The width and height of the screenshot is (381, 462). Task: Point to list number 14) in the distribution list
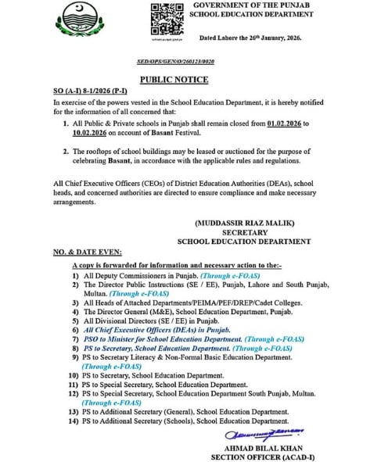point(74,421)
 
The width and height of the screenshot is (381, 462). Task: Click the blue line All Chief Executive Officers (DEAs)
point(152,330)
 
